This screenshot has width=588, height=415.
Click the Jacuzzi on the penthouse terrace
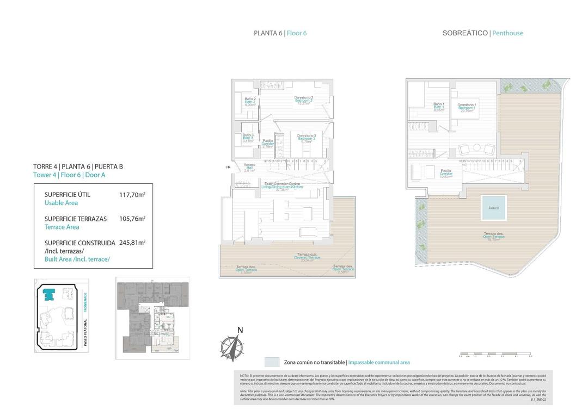tap(494, 207)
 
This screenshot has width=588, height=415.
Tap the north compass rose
tap(233, 346)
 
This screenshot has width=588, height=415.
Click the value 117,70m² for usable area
tap(132, 194)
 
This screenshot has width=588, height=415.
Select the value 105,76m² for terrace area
tap(132, 219)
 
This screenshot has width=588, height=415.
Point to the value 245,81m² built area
tap(132, 243)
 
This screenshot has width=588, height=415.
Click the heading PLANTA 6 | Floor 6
tap(280, 33)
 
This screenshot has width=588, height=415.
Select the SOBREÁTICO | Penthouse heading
tap(482, 33)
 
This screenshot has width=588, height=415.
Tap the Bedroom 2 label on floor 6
tap(304, 100)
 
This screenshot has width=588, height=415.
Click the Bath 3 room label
tap(248, 138)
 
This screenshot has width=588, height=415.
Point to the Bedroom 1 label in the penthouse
tap(467, 107)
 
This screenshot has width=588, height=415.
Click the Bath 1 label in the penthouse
tap(439, 107)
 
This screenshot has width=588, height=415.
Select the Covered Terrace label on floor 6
tap(307, 257)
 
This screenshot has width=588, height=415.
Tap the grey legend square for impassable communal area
tap(272, 362)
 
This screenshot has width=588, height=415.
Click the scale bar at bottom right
tap(495, 354)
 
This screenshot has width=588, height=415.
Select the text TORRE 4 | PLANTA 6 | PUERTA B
tap(78, 166)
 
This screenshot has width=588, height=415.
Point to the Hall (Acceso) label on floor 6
tap(250, 168)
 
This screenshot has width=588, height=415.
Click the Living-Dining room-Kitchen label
tap(282, 187)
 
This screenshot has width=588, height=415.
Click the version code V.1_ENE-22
tap(538, 400)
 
